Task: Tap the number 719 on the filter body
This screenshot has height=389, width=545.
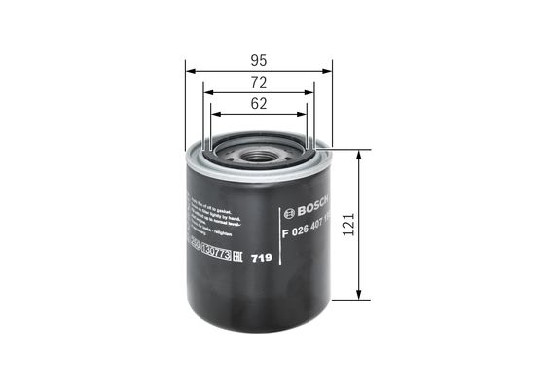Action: [x=261, y=258]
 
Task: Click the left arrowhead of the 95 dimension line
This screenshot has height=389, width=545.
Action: [x=190, y=69]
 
